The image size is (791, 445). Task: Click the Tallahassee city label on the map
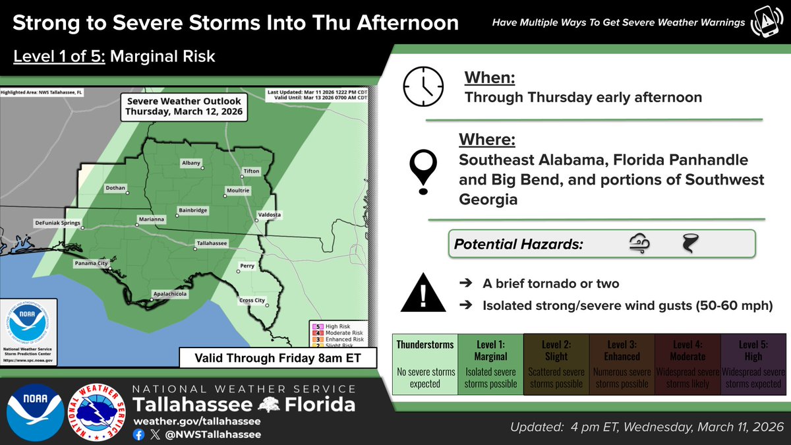[x=212, y=243]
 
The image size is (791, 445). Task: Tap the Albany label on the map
[x=191, y=163]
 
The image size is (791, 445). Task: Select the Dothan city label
[x=115, y=188]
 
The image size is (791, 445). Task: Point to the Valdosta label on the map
[x=269, y=215]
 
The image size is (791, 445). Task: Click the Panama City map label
[x=90, y=264]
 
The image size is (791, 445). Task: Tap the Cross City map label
[x=252, y=301]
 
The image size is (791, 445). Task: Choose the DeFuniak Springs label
[x=57, y=223]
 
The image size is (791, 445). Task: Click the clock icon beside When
[x=423, y=87]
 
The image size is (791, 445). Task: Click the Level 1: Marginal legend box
[x=490, y=364]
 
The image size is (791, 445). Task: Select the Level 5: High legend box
[x=753, y=364]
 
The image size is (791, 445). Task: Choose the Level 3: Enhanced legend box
[x=622, y=364]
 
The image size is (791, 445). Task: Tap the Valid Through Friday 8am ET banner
[x=270, y=359]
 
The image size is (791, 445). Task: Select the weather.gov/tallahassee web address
[x=197, y=421]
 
